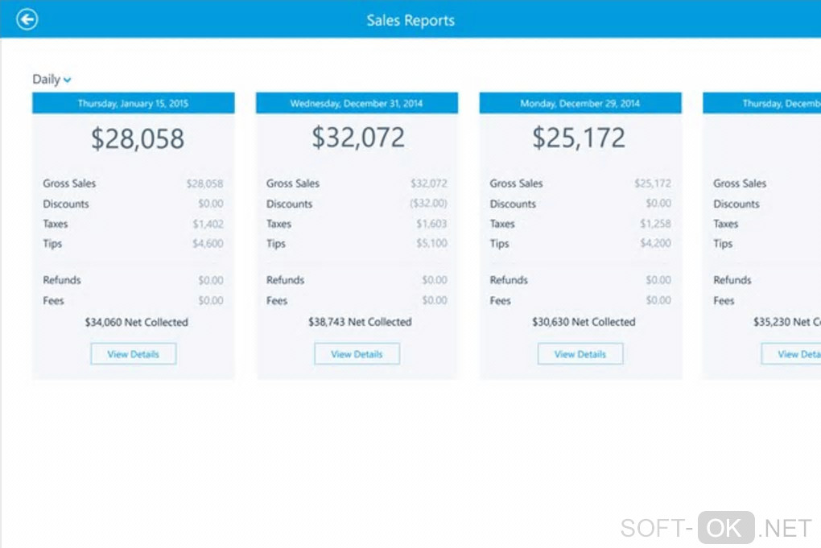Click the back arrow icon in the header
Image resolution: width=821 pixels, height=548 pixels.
coord(27,19)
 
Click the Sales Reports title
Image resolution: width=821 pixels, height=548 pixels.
coord(410,20)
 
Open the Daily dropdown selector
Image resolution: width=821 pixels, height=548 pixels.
coord(52,79)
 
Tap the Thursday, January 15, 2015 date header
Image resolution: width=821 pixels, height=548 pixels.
coord(133,103)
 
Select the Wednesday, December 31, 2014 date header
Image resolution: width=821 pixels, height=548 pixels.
coord(357,103)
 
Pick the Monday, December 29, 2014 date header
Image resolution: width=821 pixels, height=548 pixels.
coord(580,103)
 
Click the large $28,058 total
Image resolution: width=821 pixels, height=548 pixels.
coord(137,138)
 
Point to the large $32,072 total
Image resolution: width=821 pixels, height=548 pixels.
coord(358,138)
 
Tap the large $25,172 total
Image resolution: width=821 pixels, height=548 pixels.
coord(579,138)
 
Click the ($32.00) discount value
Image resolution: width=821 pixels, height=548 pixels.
coord(428,204)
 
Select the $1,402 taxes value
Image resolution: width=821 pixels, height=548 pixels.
coord(208,224)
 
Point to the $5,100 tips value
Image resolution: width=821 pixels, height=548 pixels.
coord(431,243)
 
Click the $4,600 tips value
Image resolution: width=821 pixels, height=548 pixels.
coord(208,243)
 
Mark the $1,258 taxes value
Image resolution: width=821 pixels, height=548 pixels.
coord(655,223)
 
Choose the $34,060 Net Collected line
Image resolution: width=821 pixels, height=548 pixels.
coord(136,322)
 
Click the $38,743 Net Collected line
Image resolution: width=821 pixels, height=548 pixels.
coord(360,322)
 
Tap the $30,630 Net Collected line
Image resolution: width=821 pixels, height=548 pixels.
coord(584,322)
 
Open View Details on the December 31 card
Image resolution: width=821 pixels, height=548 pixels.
coord(357,354)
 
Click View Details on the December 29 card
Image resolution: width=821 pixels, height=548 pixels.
coord(580,354)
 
